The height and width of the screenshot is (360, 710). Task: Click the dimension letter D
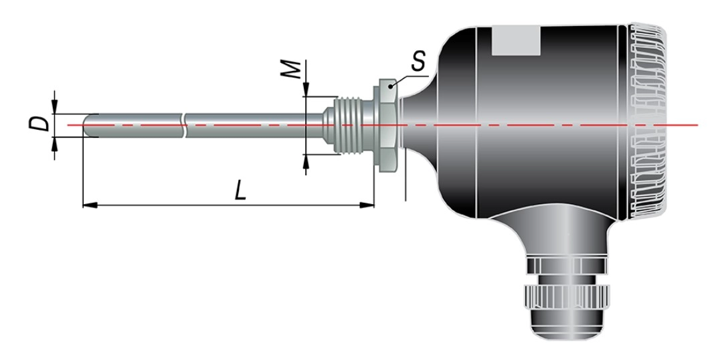(39, 123)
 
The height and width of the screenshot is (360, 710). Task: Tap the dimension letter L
(240, 190)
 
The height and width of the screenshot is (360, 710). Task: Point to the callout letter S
(419, 61)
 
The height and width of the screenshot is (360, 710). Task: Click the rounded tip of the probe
(87, 125)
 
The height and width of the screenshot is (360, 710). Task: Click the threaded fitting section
(353, 125)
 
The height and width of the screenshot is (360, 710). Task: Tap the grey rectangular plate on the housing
(516, 41)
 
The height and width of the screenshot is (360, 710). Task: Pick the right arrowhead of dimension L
(367, 205)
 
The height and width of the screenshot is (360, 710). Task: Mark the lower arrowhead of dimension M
(306, 161)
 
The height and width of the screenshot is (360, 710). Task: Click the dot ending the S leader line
(390, 85)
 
